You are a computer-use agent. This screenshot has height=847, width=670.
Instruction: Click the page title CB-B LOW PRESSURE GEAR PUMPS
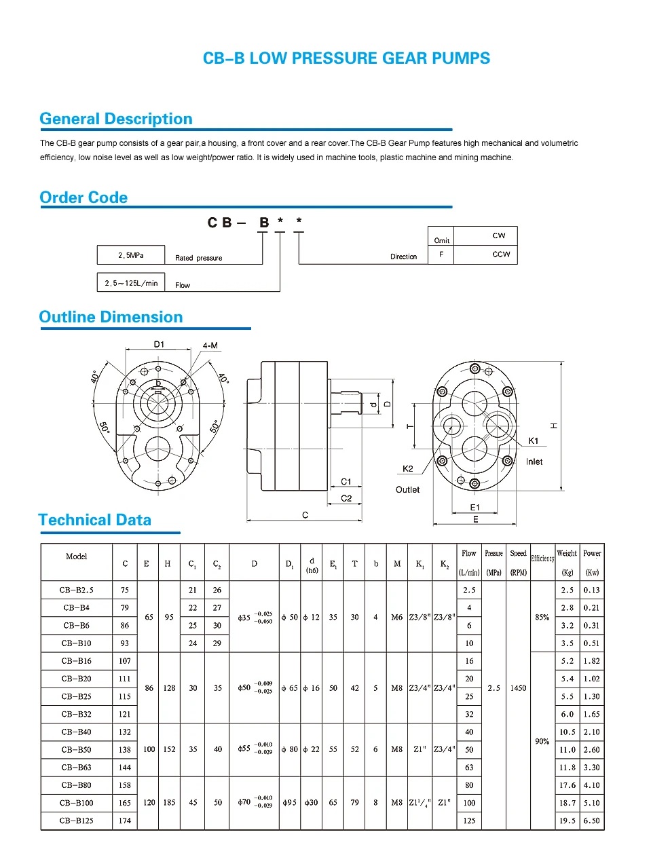click(x=346, y=58)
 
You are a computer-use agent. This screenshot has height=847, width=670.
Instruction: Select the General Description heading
click(x=116, y=119)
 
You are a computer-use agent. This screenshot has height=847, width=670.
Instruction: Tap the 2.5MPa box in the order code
click(x=131, y=255)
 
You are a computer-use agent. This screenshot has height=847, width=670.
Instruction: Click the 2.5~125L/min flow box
click(x=131, y=283)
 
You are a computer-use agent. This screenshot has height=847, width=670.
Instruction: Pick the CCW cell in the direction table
click(x=501, y=255)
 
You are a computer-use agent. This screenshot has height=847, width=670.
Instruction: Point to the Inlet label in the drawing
click(x=534, y=462)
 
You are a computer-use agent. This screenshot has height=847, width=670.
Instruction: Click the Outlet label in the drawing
click(x=407, y=490)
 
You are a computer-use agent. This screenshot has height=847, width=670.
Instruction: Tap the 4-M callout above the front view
click(x=210, y=345)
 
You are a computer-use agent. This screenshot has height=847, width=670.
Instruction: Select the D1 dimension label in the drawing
click(x=159, y=344)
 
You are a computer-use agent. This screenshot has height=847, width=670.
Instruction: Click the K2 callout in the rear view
click(x=407, y=469)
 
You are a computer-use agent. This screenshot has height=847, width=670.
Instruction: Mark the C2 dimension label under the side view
click(x=346, y=498)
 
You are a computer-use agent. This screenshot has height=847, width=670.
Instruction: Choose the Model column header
click(x=77, y=557)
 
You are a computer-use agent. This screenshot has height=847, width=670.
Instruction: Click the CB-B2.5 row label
click(x=77, y=590)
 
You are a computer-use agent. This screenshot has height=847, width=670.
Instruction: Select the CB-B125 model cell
click(x=77, y=821)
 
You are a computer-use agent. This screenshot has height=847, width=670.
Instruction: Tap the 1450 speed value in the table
click(x=518, y=688)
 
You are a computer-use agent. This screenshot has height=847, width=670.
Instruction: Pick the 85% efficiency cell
click(x=542, y=618)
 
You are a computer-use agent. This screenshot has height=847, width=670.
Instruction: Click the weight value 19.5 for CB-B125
click(x=567, y=821)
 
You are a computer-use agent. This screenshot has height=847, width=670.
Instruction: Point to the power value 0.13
click(x=591, y=590)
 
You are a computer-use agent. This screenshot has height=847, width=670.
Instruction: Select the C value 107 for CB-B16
click(x=125, y=661)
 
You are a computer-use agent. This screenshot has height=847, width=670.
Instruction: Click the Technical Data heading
click(x=95, y=520)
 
